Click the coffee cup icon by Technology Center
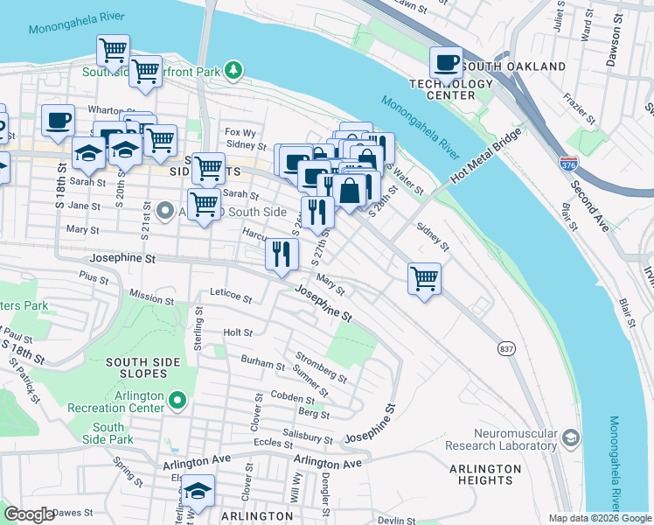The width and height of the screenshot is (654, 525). pos(446,63)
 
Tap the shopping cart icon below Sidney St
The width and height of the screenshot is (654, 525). pos(424,279)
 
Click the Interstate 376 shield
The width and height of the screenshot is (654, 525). pos(567,163)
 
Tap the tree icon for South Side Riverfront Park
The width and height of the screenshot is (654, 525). pos(233,68)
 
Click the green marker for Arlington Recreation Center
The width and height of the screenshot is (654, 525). pos(177,401)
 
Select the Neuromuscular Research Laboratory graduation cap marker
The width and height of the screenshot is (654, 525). pos(571,437)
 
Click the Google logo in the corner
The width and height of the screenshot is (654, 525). pos(29,514)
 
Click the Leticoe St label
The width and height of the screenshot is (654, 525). pos(230,297)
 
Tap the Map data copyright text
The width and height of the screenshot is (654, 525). pos(600,518)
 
